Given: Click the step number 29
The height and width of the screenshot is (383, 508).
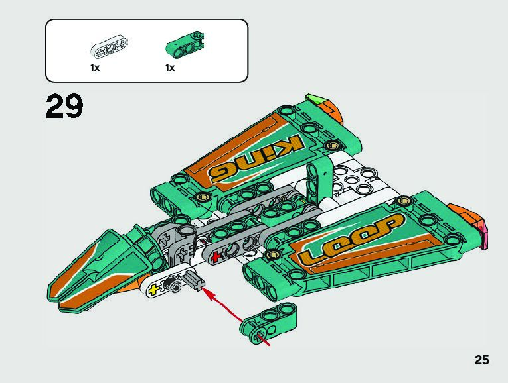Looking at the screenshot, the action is pos(65,107).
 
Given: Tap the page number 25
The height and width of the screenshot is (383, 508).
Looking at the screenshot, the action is pos(481,360).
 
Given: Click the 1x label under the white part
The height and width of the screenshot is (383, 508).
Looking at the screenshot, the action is pos(95,68).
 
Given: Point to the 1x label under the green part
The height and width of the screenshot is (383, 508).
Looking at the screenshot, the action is pos(170,68).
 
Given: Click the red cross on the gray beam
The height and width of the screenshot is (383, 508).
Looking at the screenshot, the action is pos(215,256).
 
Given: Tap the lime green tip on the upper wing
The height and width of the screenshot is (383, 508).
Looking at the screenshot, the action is pos(314,101).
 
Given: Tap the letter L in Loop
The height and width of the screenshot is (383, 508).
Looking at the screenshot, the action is pos(311,254).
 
